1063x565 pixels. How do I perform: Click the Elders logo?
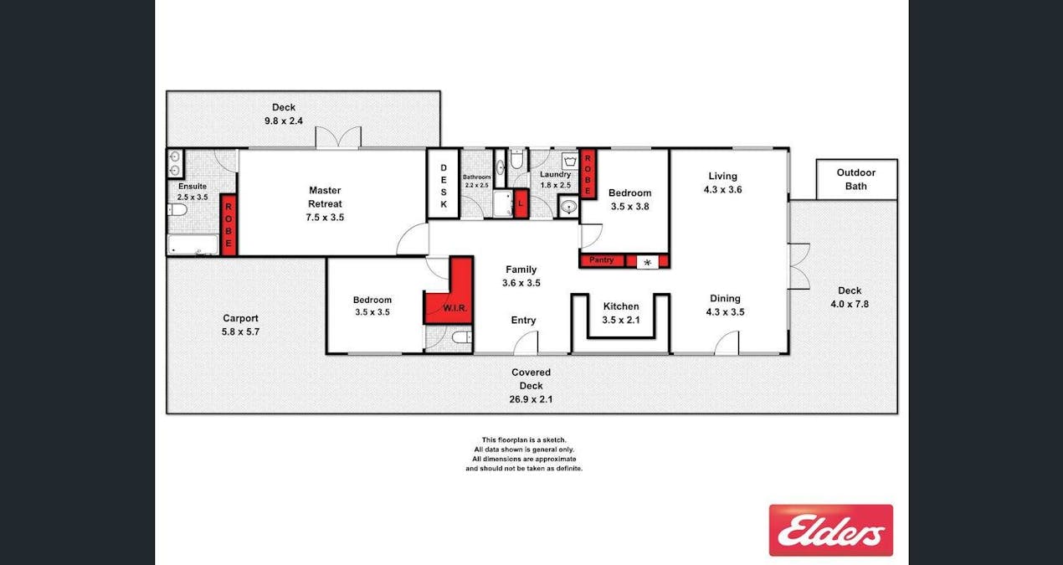pos(831,530)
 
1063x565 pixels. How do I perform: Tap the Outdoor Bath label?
pos(856,179)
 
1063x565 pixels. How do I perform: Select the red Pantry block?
pos(601,260)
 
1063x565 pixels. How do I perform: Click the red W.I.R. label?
pos(455,308)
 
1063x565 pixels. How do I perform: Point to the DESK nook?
pos(444,184)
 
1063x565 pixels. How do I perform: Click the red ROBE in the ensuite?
pos(229,225)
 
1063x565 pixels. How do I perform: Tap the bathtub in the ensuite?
pos(193,244)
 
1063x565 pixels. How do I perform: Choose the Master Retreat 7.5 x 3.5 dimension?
pos(325,218)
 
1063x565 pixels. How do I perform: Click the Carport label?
pos(240,318)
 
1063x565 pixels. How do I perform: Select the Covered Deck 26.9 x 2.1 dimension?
pos(531,399)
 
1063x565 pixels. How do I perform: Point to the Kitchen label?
pos(621,306)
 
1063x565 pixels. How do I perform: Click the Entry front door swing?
pos(526,342)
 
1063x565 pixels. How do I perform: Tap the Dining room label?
pos(725,298)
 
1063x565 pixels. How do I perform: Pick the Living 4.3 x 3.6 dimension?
pos(722,190)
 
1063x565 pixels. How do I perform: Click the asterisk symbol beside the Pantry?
pos(647,262)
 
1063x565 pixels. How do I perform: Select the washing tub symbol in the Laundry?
pos(569,162)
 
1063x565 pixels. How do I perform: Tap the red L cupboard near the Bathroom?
pos(521,203)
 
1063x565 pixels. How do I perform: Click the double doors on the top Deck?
pos(338,137)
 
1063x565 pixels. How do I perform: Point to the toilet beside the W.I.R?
pos(462,337)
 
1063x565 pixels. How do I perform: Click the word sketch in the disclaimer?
pos(553,440)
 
